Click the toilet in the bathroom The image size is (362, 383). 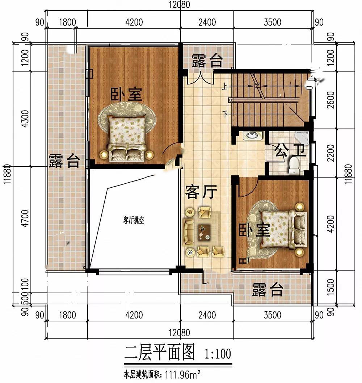294,166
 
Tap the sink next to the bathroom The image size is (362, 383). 253,135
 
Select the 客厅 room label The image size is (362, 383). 201,192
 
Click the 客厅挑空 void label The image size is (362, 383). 134,220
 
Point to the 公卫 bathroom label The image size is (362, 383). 290,150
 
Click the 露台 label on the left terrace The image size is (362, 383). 64,161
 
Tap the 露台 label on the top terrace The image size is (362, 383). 207,61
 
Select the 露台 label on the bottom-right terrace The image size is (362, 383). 268,290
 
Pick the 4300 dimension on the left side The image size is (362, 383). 25,119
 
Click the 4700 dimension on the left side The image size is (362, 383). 25,218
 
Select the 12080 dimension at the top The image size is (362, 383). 180,5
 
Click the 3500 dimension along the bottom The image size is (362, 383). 273,315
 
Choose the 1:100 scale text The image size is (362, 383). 218,354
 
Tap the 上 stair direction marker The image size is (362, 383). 224,86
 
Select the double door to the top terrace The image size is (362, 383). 201,78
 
